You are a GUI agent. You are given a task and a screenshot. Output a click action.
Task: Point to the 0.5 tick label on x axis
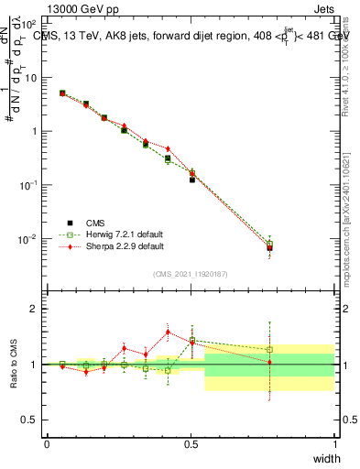pyautogui.click(x=191, y=444)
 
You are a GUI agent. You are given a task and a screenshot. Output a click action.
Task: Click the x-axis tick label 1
pyautogui.click(x=335, y=444)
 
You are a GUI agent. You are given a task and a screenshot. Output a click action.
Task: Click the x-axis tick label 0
pyautogui.click(x=47, y=444)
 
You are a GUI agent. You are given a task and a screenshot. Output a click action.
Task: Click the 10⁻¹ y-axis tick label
pyautogui.click(x=28, y=185)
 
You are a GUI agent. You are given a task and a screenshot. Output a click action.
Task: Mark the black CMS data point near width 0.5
pyautogui.click(x=192, y=180)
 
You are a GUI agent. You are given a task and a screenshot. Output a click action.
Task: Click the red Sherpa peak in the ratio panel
pyautogui.click(x=168, y=333)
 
